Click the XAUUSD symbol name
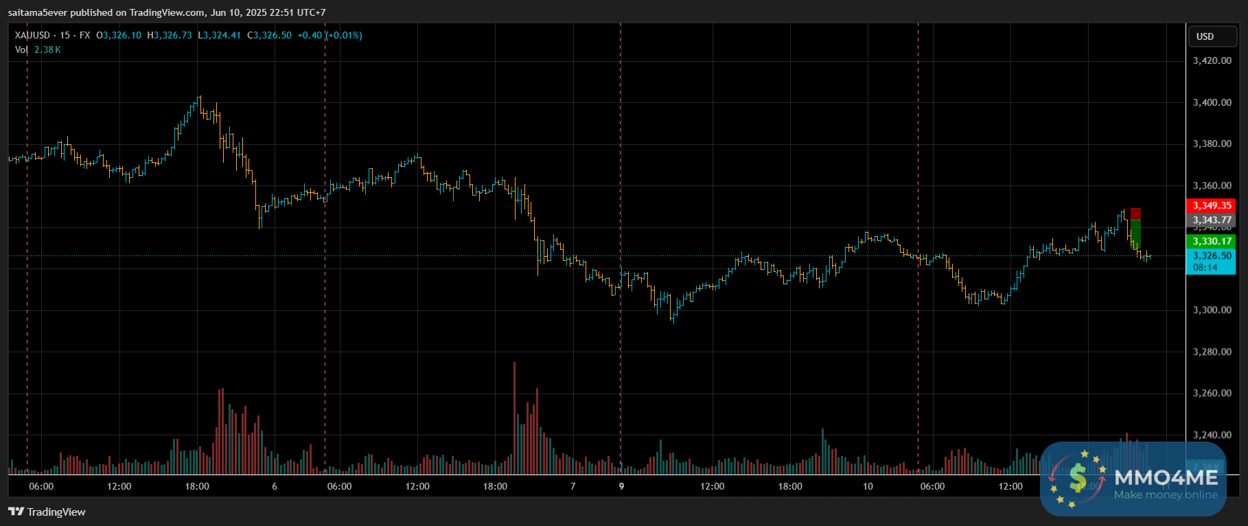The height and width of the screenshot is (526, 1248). click(x=32, y=35)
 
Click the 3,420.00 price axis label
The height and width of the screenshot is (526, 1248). click(x=1212, y=60)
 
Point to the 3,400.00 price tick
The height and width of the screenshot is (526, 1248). click(x=1212, y=102)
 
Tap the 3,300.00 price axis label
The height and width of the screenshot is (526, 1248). click(x=1212, y=310)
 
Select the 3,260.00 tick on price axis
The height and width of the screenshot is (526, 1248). click(x=1212, y=393)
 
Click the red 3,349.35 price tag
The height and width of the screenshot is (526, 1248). click(x=1212, y=205)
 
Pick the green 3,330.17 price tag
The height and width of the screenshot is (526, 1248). click(x=1212, y=241)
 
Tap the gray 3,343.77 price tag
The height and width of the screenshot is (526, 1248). click(x=1212, y=220)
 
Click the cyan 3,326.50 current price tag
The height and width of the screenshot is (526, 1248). click(x=1212, y=256)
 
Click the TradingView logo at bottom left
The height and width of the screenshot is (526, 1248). click(x=47, y=512)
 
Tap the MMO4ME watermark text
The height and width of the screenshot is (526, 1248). click(x=1165, y=477)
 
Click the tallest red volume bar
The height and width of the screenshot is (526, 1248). click(x=514, y=418)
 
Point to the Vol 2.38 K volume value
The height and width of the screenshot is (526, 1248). click(x=47, y=49)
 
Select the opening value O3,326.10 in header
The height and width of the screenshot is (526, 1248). click(x=119, y=35)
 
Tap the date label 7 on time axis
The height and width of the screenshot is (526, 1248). click(x=573, y=486)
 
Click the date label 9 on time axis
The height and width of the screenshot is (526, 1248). click(x=621, y=486)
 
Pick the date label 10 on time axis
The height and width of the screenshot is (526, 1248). click(x=868, y=486)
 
